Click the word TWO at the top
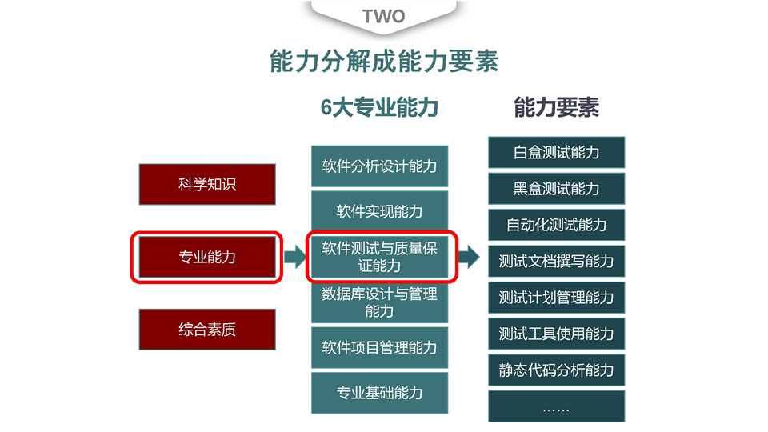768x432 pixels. coord(383,16)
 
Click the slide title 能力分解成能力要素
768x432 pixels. coord(384,62)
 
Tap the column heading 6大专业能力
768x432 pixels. coord(379,107)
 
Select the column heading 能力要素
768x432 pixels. coord(556,107)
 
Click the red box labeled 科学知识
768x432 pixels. coord(207,184)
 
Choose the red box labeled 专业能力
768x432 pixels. coord(207,257)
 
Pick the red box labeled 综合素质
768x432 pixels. coord(207,329)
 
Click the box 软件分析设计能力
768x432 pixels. coord(379,166)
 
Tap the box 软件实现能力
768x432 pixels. coord(379,211)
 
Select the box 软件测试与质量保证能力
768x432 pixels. coord(379,257)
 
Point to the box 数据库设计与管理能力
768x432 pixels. coord(379,302)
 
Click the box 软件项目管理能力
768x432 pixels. coord(379,347)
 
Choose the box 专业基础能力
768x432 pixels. coord(379,393)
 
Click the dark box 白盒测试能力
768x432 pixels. coord(557,152)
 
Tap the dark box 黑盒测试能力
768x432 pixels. coord(557,189)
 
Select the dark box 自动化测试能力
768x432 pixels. coord(557,225)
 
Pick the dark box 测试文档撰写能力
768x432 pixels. coord(557,261)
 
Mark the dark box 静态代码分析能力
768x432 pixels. coord(557,370)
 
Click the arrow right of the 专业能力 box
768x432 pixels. coord(295,257)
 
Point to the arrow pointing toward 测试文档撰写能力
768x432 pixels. coord(470,257)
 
